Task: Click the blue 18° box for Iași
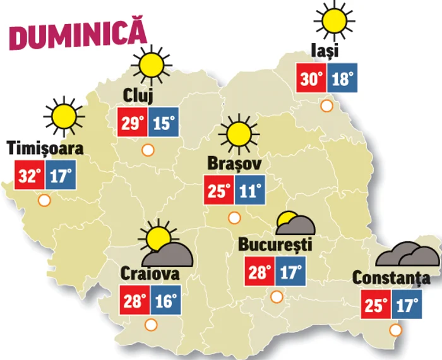[x=342, y=80]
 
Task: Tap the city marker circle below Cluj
[x=148, y=150]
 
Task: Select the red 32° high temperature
[x=29, y=176]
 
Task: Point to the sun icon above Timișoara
[x=64, y=116]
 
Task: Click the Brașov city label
[x=230, y=164]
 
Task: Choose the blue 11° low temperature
[x=249, y=191]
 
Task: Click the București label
[x=275, y=244]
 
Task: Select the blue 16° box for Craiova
[x=165, y=300]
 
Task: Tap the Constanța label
[x=391, y=278]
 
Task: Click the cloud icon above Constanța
[x=408, y=255]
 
